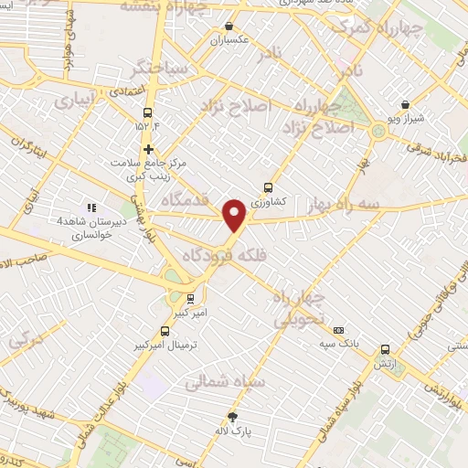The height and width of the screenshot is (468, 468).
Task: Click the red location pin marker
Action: pos(236,215)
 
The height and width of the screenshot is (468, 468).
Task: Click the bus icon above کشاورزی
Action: pos(268,186)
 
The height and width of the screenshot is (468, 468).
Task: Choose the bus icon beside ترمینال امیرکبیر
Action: pos(165,331)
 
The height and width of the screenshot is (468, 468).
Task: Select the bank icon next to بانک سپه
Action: pos(339,330)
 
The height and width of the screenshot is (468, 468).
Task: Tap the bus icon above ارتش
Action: pos(385,349)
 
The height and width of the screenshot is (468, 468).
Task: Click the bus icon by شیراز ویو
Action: pos(405,104)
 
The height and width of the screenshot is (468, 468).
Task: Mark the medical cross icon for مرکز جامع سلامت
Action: pos(148,149)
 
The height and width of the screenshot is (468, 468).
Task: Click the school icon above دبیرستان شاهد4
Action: pos(90,207)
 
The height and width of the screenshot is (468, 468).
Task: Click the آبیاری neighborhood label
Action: pos(76,101)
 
